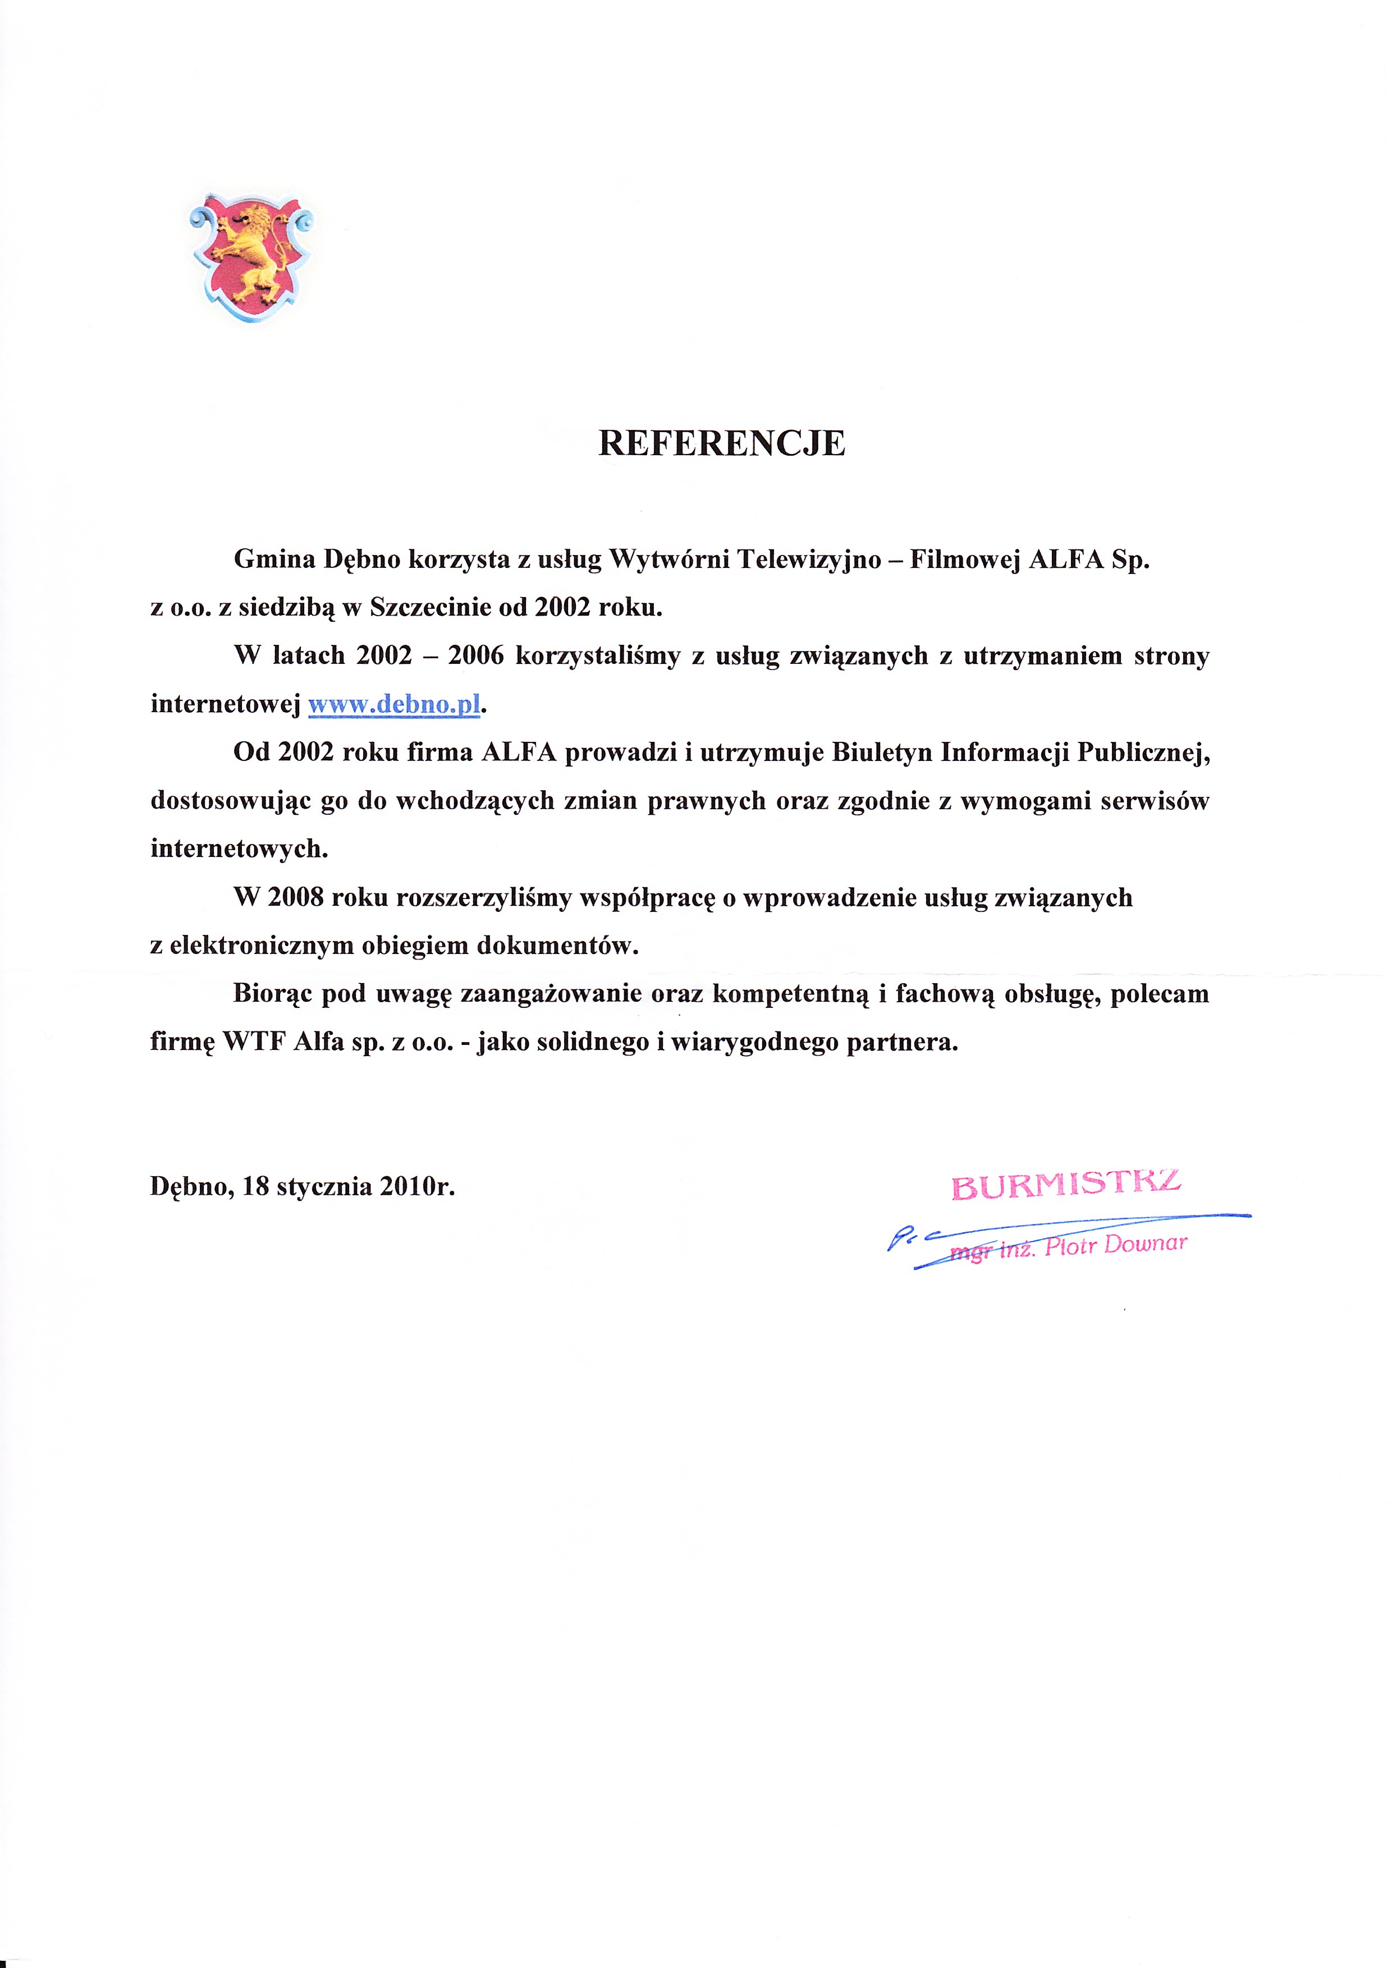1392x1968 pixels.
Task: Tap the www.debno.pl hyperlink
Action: [x=393, y=705]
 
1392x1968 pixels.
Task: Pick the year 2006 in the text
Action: [x=476, y=655]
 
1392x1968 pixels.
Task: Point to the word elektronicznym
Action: [x=262, y=946]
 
